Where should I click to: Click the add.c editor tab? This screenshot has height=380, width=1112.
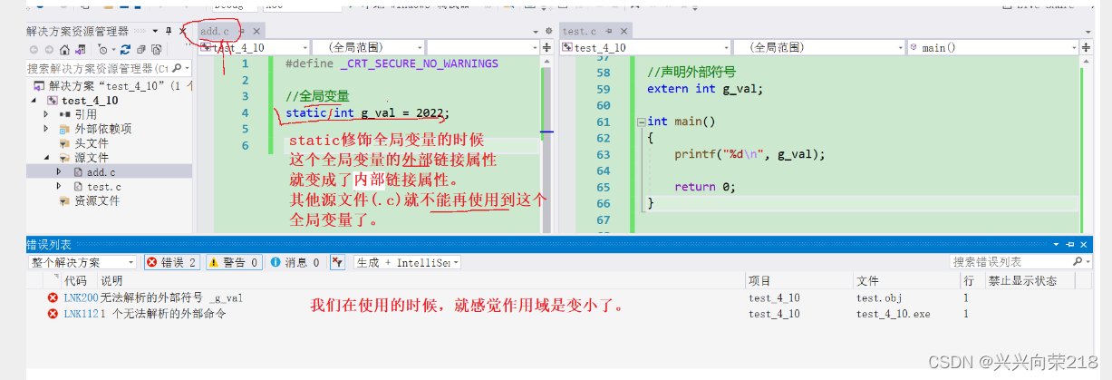(x=215, y=31)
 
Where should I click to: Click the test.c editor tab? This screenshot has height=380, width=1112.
(x=581, y=31)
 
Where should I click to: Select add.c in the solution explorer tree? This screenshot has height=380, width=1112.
(x=101, y=171)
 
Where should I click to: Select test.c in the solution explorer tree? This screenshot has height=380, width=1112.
(x=104, y=186)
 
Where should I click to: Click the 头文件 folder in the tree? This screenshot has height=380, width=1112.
(x=91, y=143)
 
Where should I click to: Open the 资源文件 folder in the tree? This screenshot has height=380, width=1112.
(x=96, y=200)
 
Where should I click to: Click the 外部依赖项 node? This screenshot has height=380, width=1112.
(x=102, y=129)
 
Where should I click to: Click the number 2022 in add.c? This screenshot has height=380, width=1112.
(x=430, y=113)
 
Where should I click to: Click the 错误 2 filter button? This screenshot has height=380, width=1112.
(x=172, y=262)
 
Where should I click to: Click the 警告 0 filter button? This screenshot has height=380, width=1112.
(x=234, y=262)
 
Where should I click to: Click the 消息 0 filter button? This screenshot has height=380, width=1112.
(x=295, y=262)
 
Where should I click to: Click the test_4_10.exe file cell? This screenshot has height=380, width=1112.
(x=893, y=314)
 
